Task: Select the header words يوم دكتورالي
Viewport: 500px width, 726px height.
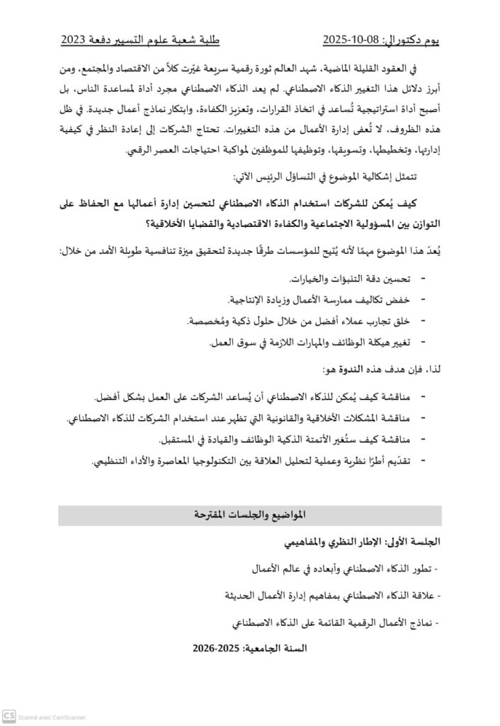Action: (x=413, y=40)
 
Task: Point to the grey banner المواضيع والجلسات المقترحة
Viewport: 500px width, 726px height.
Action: (x=249, y=515)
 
